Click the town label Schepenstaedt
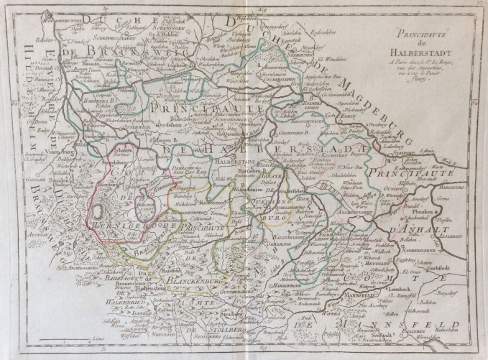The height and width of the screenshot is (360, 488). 111,20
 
